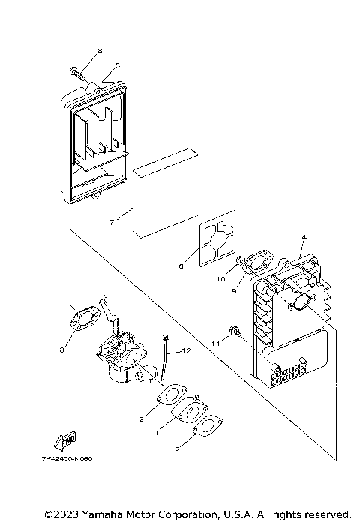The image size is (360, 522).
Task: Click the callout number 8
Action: click(x=100, y=51)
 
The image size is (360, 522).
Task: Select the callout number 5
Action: click(x=117, y=65)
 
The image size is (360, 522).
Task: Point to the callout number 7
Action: click(x=110, y=223)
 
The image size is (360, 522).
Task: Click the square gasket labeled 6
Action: click(x=218, y=244)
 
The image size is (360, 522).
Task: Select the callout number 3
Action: click(x=62, y=349)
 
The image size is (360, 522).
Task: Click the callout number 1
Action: click(x=157, y=432)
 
